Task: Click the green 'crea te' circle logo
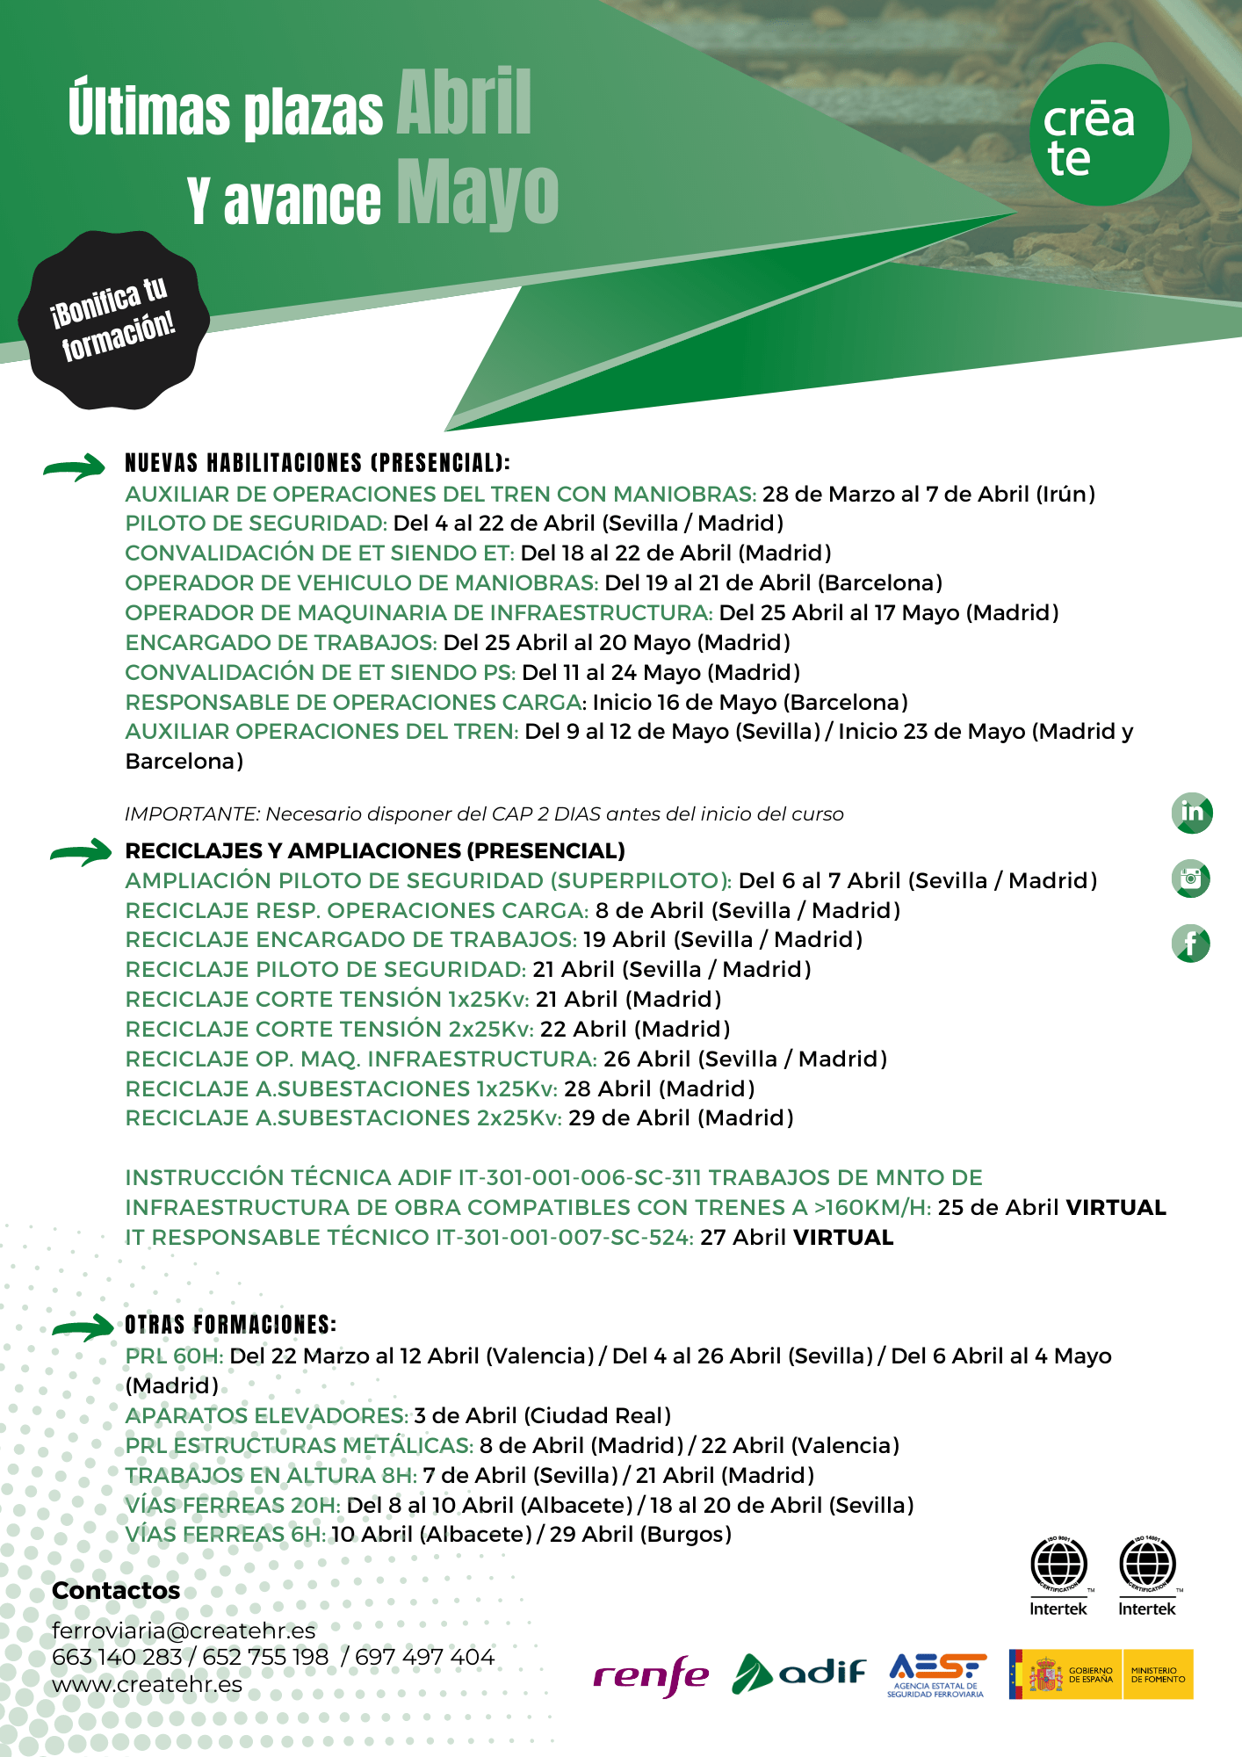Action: click(x=1099, y=134)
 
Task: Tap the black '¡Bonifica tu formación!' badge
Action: click(x=114, y=320)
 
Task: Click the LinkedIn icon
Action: click(x=1192, y=813)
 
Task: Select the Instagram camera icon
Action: click(x=1191, y=878)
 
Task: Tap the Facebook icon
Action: click(x=1191, y=944)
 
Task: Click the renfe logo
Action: click(x=651, y=1676)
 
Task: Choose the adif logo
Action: click(x=798, y=1673)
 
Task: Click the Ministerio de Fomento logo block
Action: click(x=1158, y=1674)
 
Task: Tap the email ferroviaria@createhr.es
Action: click(x=184, y=1630)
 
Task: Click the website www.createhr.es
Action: click(x=147, y=1684)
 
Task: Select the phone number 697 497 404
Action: click(x=425, y=1657)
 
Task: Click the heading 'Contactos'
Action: click(x=116, y=1591)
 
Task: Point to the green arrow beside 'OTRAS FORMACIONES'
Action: click(x=83, y=1327)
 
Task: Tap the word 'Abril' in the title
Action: click(x=464, y=103)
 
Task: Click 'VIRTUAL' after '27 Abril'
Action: click(x=843, y=1237)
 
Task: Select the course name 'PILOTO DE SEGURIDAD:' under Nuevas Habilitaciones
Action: click(x=256, y=524)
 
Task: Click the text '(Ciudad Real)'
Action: click(x=597, y=1415)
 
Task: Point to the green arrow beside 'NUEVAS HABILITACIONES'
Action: click(x=75, y=467)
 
